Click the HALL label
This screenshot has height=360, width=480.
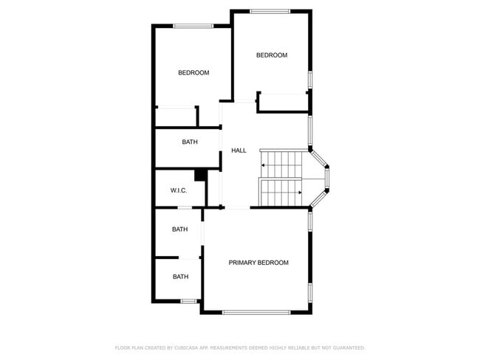point(239,150)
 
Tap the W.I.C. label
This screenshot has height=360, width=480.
point(179,190)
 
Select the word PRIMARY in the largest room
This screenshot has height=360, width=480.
point(242,263)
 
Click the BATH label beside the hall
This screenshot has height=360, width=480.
point(190,142)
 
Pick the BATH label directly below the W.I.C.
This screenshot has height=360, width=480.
point(179,229)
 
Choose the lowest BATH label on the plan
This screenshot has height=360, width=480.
point(180,277)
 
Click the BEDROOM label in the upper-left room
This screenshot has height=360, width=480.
point(193,72)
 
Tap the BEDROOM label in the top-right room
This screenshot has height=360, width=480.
point(272,55)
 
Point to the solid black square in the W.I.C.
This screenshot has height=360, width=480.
point(199,175)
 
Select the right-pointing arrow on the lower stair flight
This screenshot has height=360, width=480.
point(298,193)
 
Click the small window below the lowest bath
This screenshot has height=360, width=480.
point(188,300)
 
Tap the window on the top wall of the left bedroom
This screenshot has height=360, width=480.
point(193,27)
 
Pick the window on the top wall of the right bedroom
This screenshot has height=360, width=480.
point(270,10)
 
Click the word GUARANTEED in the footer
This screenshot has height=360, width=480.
point(347,347)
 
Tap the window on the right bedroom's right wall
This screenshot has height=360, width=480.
point(310,79)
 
